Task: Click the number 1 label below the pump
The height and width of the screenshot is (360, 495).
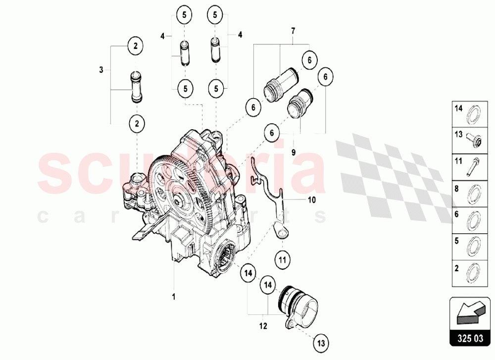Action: coord(174,297)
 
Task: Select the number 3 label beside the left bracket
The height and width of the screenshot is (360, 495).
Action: coord(101,70)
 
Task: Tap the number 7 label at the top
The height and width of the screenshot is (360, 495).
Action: coord(293,31)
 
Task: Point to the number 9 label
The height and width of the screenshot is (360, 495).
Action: coord(293,153)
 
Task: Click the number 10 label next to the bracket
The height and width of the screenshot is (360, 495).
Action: coord(311,200)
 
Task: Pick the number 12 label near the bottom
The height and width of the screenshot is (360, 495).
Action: coord(263,326)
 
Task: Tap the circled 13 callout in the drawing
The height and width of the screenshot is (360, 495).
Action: coord(321,342)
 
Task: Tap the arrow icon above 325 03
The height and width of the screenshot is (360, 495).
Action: coord(470,312)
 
